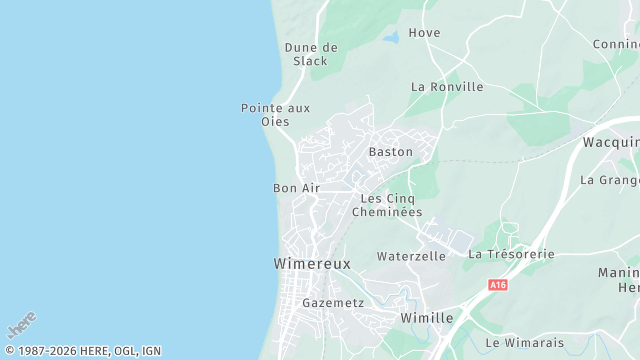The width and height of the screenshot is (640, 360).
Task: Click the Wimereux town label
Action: (x=312, y=264)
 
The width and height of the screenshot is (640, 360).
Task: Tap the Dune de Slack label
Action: (x=311, y=54)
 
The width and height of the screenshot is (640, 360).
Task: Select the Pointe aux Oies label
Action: (x=275, y=114)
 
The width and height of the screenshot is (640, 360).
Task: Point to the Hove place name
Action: (x=424, y=33)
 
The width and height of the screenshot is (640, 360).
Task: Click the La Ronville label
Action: (x=447, y=87)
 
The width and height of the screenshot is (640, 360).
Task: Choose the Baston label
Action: (x=390, y=152)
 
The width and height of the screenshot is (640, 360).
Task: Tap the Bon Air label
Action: (x=296, y=188)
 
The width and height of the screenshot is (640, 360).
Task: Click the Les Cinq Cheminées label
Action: (x=391, y=205)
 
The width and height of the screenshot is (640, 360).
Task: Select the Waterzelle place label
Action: (x=411, y=256)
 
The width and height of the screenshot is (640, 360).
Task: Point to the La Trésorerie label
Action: (x=511, y=254)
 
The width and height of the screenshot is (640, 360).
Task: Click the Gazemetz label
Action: (x=333, y=302)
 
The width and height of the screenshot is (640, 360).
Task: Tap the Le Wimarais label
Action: (x=524, y=343)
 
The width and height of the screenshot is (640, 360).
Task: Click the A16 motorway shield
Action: (x=498, y=285)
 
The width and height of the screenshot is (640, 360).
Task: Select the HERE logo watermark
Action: (x=21, y=326)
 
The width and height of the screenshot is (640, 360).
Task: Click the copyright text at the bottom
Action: (x=82, y=351)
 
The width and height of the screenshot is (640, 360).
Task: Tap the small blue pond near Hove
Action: (x=390, y=37)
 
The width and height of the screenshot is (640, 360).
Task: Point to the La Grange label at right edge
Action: (x=610, y=180)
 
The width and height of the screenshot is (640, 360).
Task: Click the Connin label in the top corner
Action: (x=616, y=44)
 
